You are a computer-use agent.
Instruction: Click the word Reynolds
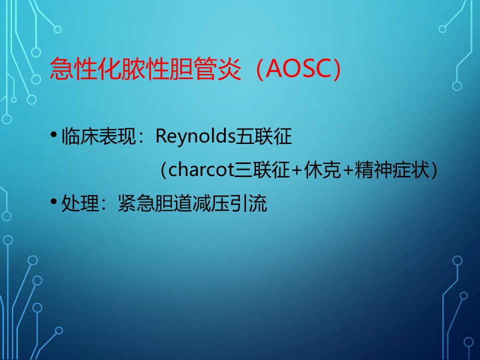[x=195, y=136]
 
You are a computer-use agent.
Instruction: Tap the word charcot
[x=201, y=169]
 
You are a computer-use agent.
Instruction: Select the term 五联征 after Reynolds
[x=263, y=136]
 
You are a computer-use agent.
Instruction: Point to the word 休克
[x=322, y=169]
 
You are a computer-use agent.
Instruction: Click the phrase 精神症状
[x=392, y=169]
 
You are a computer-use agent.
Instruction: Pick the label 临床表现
[x=98, y=136]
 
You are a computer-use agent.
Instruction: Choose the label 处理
[x=80, y=203]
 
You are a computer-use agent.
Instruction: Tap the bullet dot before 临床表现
[x=54, y=134]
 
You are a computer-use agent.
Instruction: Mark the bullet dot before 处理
[x=54, y=201]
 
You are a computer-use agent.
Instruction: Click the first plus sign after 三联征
[x=296, y=170]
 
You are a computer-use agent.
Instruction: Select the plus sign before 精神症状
[x=348, y=170]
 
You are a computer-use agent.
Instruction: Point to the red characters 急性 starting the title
[x=74, y=68]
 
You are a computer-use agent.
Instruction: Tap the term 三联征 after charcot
[x=262, y=169]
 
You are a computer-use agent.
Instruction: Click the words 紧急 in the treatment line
[x=136, y=203]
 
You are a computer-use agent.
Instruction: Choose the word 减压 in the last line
[x=211, y=203]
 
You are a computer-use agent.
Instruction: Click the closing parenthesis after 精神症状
[x=433, y=170]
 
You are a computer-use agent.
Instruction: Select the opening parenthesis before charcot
[x=164, y=170]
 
